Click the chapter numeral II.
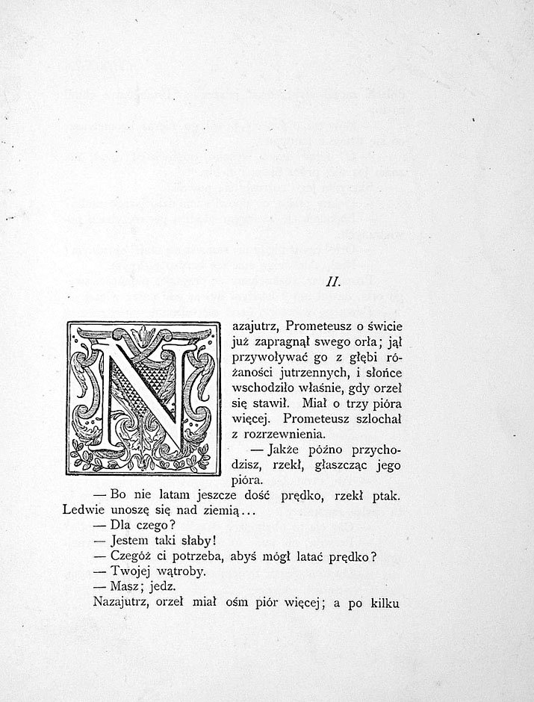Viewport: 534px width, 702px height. click(334, 282)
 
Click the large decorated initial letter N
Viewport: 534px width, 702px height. click(143, 399)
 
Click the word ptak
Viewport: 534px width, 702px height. click(385, 495)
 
